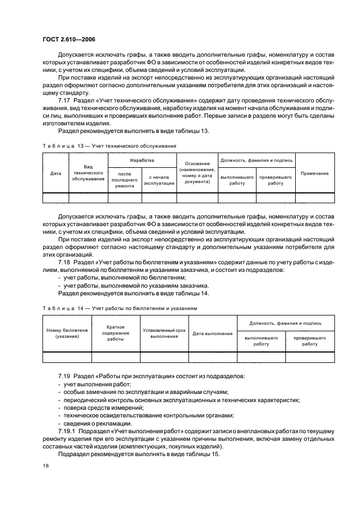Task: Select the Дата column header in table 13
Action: [x=56, y=173]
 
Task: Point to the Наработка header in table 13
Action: [x=142, y=161]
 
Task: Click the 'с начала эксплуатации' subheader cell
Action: [x=159, y=180]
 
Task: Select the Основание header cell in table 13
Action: [x=197, y=173]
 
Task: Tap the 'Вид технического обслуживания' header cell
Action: [x=88, y=173]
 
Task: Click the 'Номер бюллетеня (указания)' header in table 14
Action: [x=67, y=333]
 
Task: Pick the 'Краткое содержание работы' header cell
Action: [x=115, y=333]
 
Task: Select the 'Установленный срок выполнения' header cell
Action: [x=164, y=333]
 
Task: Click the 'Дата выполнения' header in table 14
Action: [x=213, y=333]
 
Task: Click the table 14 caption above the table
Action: [x=119, y=308]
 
